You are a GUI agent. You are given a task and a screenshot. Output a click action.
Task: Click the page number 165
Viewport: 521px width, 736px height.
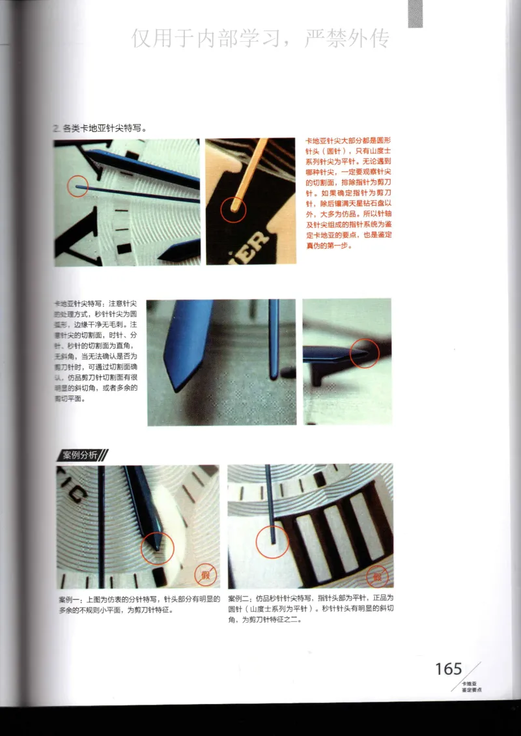pyautogui.click(x=448, y=669)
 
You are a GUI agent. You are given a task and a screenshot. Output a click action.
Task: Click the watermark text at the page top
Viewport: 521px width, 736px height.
pyautogui.click(x=260, y=39)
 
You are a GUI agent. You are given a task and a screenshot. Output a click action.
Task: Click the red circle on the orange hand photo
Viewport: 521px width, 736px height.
pyautogui.click(x=233, y=210)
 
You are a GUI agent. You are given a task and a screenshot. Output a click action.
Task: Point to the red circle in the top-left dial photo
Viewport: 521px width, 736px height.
pyautogui.click(x=77, y=187)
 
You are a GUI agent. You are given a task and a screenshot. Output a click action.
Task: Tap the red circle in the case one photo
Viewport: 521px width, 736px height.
pyautogui.click(x=158, y=546)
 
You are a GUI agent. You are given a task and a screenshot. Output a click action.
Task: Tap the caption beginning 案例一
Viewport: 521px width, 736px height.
pyautogui.click(x=139, y=604)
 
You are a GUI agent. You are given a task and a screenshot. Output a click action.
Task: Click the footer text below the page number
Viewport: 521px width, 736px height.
pyautogui.click(x=470, y=685)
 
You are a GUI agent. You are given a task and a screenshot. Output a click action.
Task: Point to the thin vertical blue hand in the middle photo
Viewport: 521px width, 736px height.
pyautogui.click(x=274, y=339)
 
